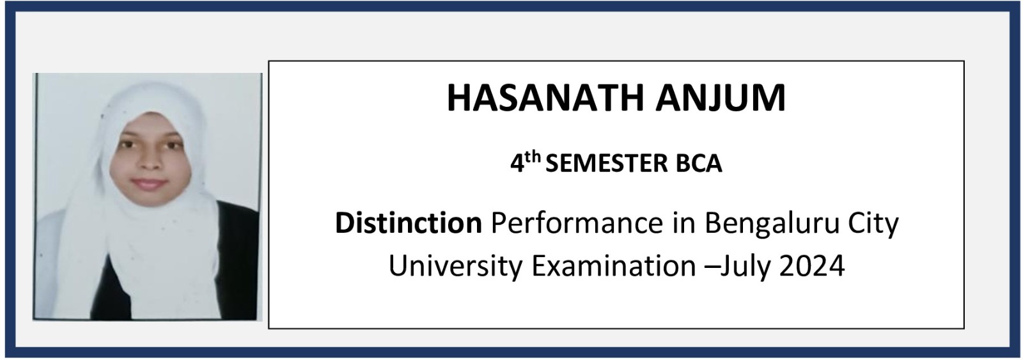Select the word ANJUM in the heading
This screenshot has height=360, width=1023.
(721, 98)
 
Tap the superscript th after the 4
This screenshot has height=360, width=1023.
(533, 157)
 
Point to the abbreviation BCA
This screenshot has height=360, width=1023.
(699, 164)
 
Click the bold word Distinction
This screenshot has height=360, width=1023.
(409, 223)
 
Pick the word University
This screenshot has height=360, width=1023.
(455, 267)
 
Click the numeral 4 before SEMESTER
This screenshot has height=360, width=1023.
(517, 164)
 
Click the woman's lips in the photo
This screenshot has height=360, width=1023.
(149, 184)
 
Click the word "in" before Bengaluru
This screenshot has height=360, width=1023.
(683, 223)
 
